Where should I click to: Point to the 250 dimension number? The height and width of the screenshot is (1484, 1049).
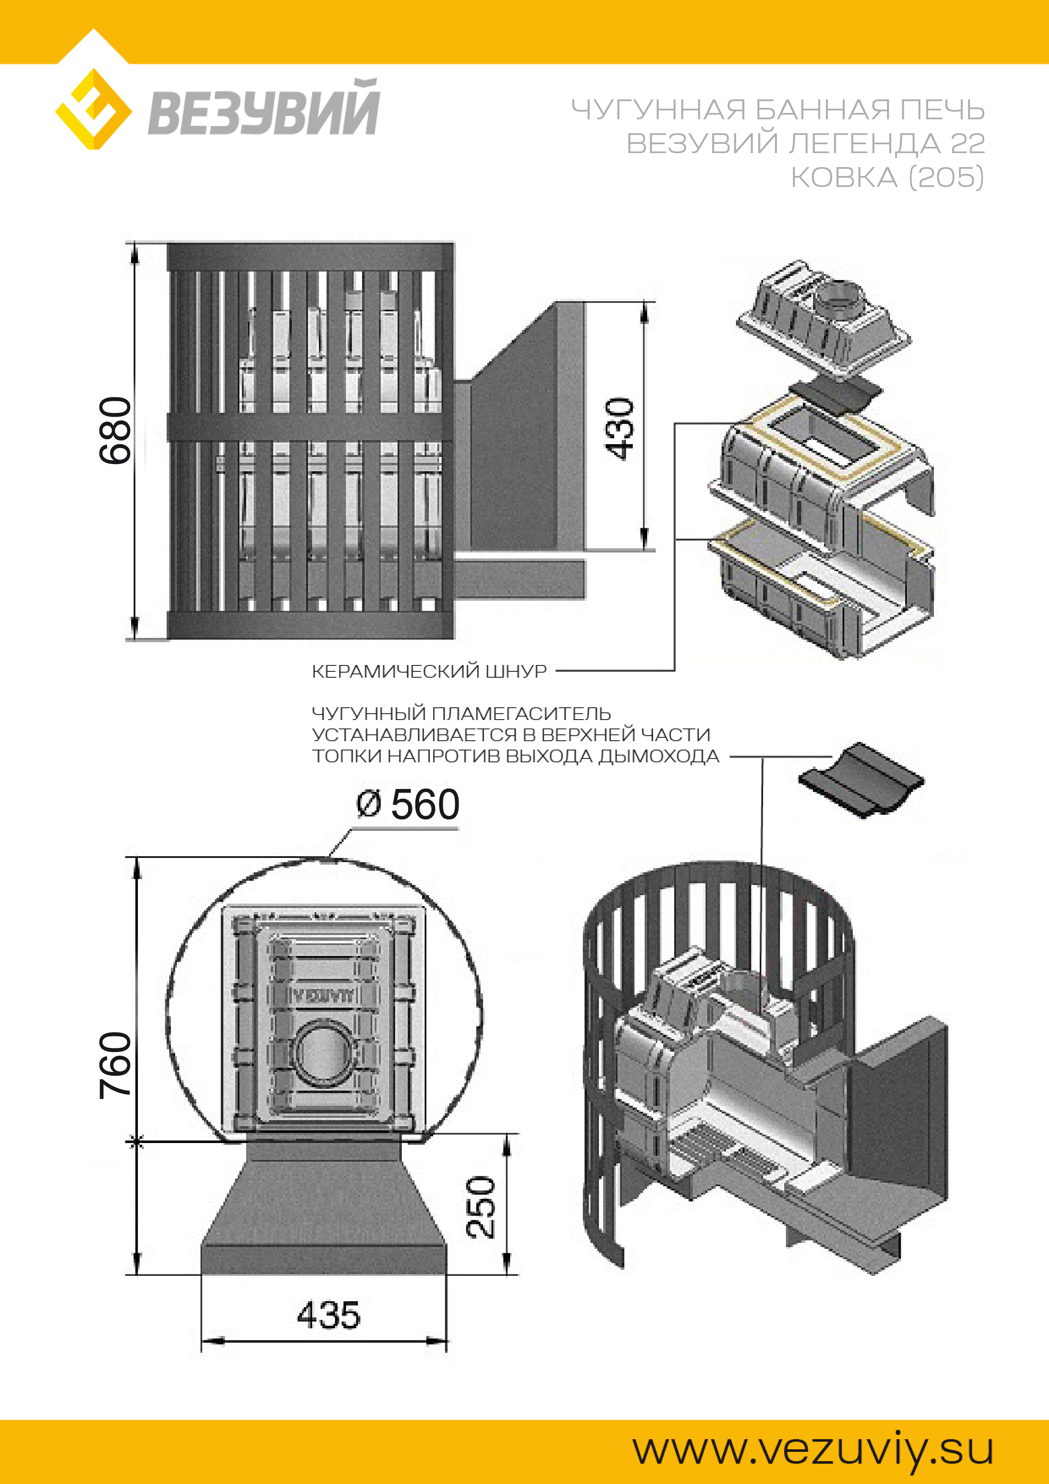pos(481,1207)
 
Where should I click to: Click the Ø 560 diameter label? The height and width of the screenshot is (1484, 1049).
pos(408,805)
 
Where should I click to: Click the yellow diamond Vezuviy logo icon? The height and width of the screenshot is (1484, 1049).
pos(94,109)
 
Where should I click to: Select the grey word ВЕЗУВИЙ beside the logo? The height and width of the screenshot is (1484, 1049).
pos(263,109)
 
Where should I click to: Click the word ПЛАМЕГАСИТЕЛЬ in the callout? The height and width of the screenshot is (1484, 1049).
pos(521,714)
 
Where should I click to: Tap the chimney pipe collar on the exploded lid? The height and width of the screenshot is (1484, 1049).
pos(839,298)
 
